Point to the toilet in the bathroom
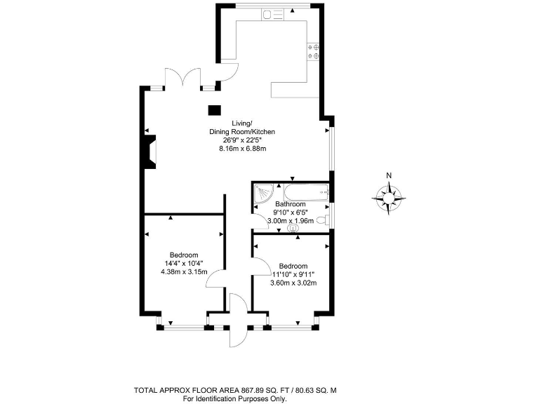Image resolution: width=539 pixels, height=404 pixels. (322, 220)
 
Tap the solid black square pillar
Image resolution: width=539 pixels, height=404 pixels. (214, 109)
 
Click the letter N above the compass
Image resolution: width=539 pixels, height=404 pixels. (388, 176)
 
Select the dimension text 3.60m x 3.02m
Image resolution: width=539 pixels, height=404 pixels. (293, 283)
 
